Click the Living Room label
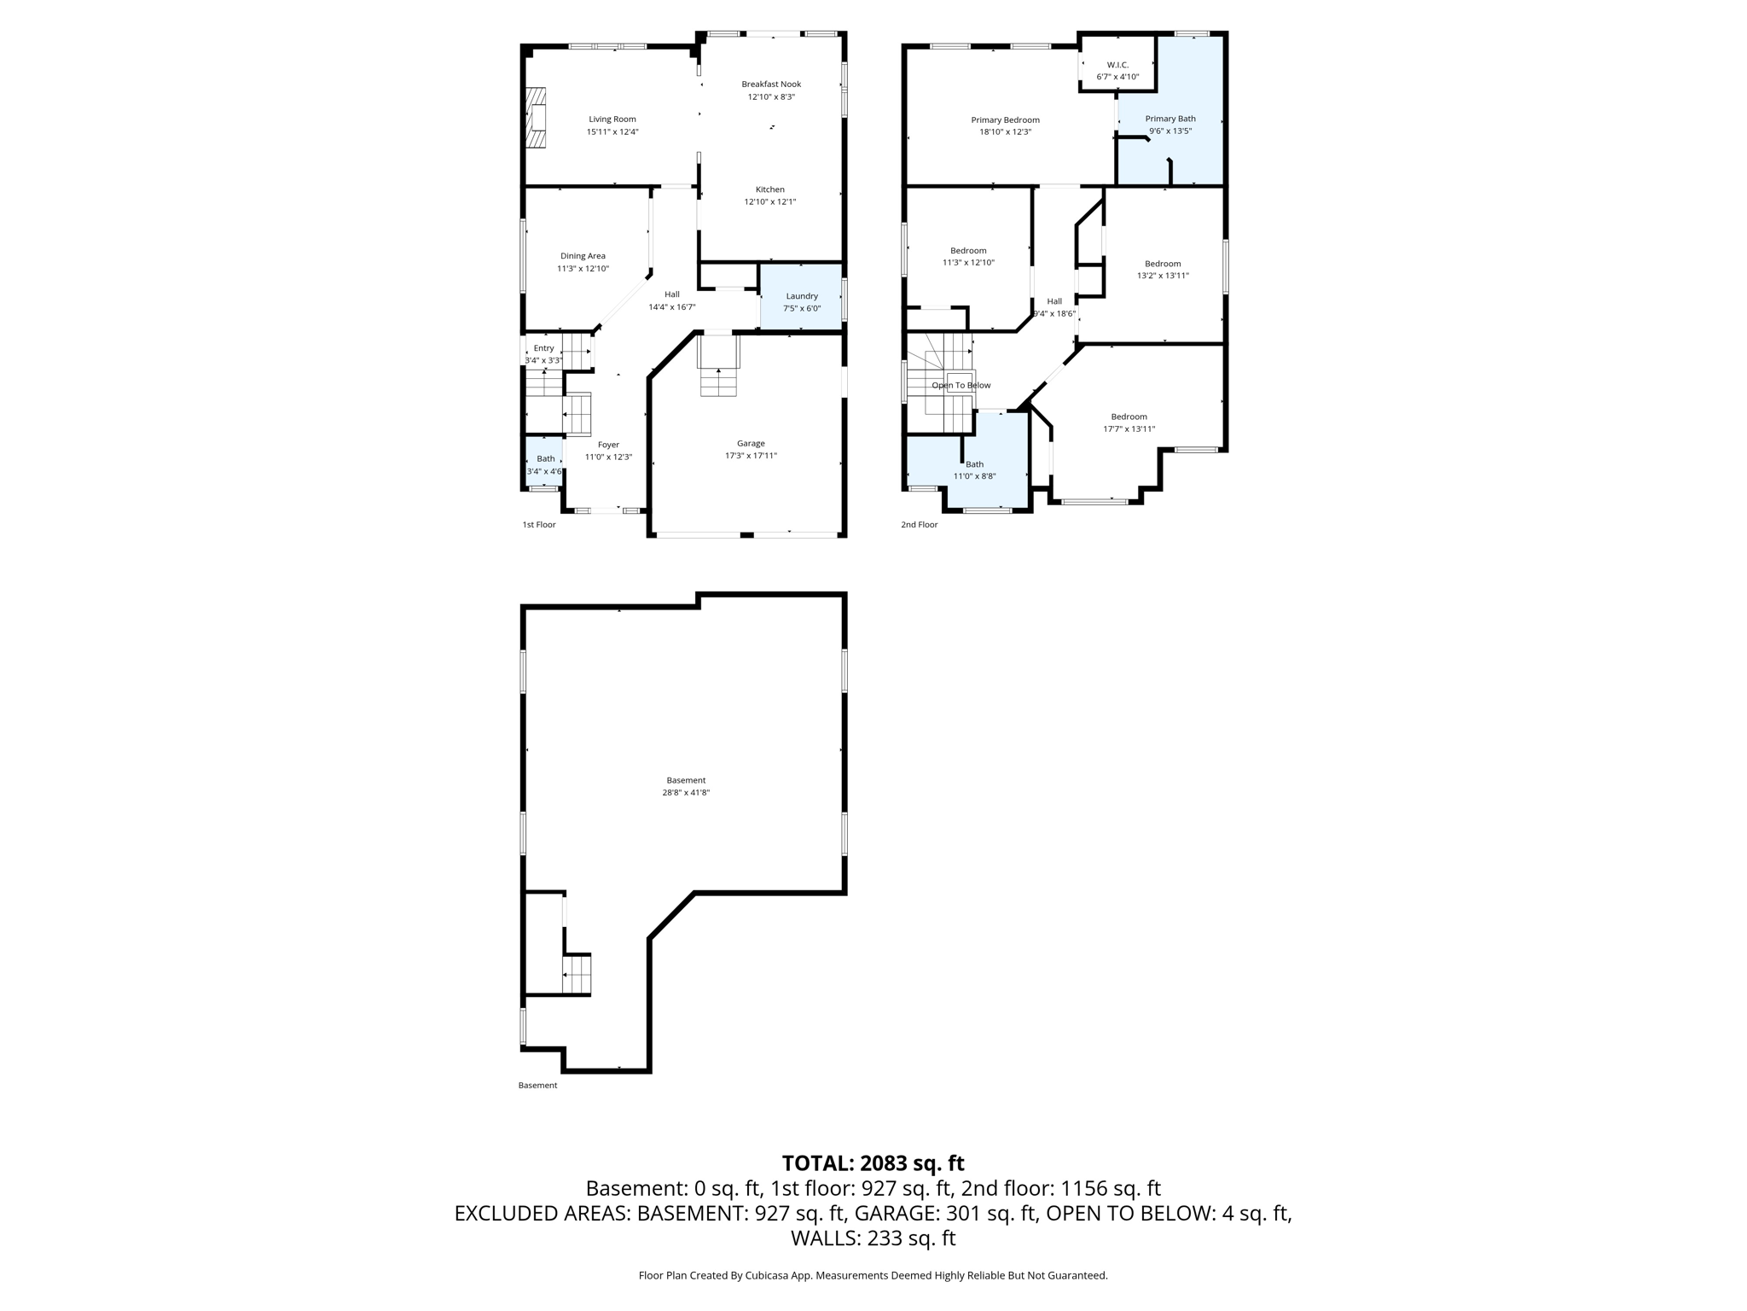click(612, 119)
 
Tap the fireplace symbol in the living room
click(535, 118)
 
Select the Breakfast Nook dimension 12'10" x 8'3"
click(771, 96)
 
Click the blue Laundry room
click(801, 298)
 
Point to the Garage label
click(751, 443)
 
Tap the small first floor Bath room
click(544, 463)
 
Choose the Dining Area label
click(583, 256)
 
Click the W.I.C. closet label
click(1117, 65)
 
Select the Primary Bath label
click(1170, 119)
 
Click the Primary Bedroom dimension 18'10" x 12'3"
click(1005, 132)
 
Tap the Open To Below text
click(961, 385)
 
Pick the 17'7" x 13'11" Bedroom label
click(1129, 417)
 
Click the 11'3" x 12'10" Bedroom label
click(968, 251)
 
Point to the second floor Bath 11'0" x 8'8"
click(974, 470)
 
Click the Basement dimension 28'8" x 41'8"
click(686, 793)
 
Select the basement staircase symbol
click(577, 974)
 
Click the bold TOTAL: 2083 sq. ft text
click(873, 1163)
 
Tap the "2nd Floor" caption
click(919, 525)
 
